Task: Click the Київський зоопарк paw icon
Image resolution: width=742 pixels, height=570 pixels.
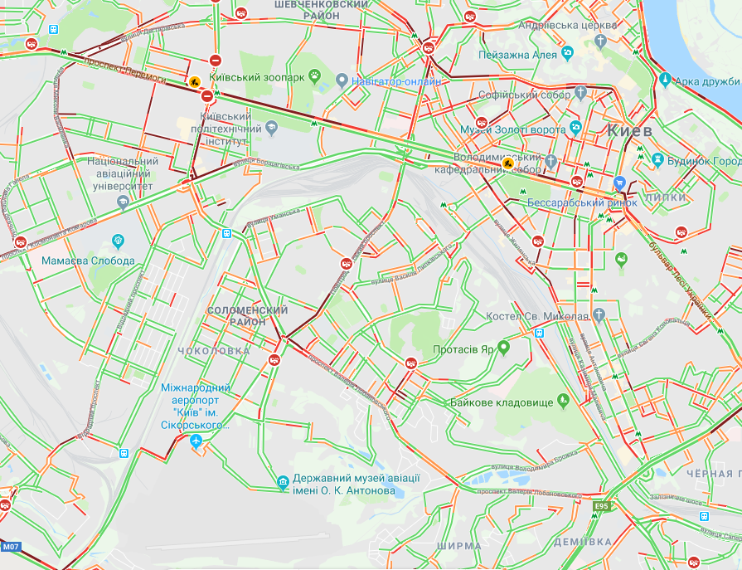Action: (315, 76)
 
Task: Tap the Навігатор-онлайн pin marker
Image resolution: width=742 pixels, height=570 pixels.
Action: (342, 81)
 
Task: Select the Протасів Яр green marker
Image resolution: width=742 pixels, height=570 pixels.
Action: (502, 349)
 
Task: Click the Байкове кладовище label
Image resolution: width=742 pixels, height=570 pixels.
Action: (501, 402)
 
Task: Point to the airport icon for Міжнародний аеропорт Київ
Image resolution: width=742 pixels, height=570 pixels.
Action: (196, 441)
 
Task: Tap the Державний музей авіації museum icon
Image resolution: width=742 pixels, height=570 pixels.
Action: (283, 480)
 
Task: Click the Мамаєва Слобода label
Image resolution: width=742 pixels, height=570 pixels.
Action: (88, 261)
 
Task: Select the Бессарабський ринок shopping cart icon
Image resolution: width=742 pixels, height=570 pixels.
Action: (618, 183)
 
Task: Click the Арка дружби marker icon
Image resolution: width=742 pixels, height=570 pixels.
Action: (665, 80)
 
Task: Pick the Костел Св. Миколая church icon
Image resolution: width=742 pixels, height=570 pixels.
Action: (599, 315)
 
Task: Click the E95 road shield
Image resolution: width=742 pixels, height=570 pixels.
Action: (600, 505)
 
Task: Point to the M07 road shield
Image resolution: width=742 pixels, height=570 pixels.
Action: (10, 547)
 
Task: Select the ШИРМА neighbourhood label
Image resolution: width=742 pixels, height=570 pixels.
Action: (458, 546)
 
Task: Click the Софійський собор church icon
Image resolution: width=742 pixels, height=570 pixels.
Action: (583, 93)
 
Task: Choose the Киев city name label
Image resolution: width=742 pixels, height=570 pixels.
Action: (630, 131)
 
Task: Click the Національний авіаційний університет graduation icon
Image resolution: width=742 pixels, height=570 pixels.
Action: (124, 201)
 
